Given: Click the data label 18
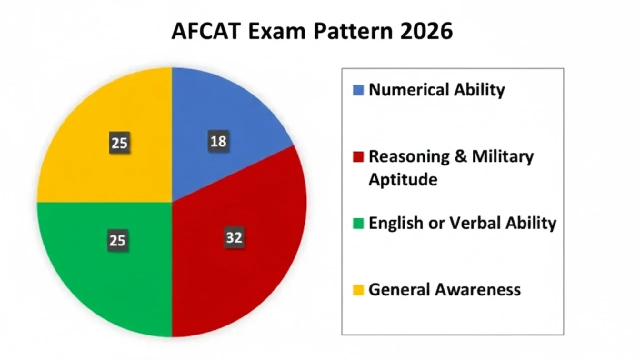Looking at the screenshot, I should click(218, 142).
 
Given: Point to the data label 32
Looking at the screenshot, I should click(234, 238).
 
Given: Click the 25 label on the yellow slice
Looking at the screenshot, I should click(119, 144).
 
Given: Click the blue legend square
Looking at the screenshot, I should click(358, 90).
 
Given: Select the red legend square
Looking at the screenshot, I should click(358, 157).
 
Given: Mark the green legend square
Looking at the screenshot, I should click(358, 223).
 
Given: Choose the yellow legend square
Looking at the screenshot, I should click(358, 289).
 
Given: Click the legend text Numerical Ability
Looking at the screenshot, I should click(436, 90).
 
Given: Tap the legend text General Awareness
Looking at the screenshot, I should click(444, 289).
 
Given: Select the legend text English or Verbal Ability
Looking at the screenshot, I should click(462, 223).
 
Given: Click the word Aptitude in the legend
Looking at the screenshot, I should click(402, 179).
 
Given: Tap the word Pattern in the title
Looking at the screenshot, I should click(353, 31).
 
